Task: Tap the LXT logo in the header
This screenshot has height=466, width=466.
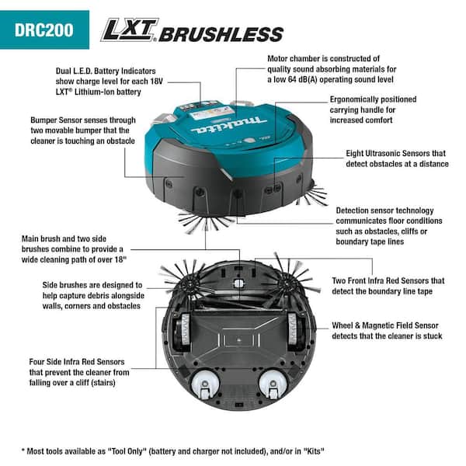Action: [x=129, y=30]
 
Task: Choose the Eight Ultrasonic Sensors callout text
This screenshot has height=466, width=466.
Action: [x=397, y=158]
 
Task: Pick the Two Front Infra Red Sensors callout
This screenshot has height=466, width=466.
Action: [x=388, y=285]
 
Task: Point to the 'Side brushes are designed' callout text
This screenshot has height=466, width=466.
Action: [x=92, y=296]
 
